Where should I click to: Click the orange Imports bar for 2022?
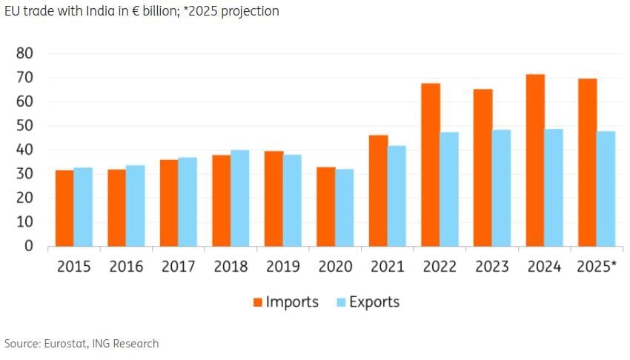point(431,164)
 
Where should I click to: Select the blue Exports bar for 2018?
point(239,198)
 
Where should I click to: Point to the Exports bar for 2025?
point(606,188)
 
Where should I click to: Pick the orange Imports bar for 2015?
point(64,208)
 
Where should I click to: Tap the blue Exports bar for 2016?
point(135,205)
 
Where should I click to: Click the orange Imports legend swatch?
point(258,302)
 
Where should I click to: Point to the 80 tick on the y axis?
point(25,53)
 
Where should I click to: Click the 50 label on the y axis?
point(25,126)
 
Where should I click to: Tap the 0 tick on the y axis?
point(30,246)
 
